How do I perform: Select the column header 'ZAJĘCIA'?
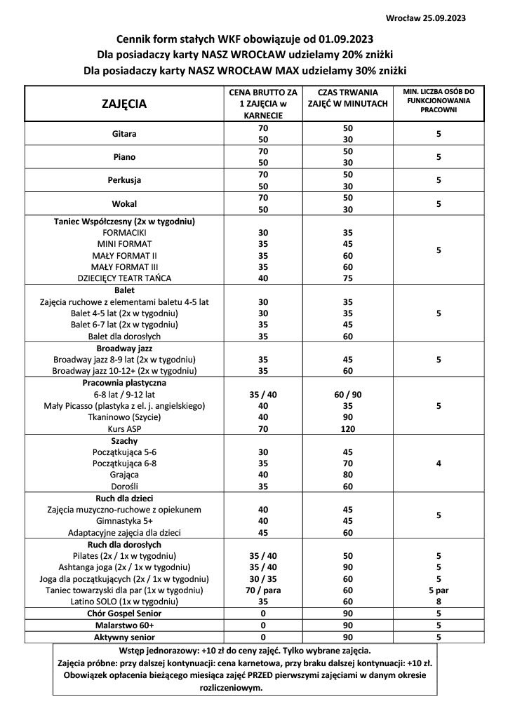(124, 104)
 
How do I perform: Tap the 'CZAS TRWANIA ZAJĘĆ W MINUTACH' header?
(347, 98)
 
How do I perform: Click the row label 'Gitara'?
(124, 134)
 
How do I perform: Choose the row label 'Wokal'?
(124, 203)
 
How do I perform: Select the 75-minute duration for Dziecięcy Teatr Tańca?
(347, 278)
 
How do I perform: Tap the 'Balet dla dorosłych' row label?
(124, 336)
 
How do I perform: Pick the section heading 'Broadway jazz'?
(124, 348)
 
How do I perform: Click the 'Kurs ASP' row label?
(124, 428)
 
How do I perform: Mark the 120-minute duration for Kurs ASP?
(347, 428)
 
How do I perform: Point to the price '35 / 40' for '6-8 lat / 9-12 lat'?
(263, 394)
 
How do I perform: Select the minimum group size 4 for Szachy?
(439, 463)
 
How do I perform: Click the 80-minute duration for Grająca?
(347, 475)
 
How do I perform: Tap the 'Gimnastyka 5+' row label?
(124, 520)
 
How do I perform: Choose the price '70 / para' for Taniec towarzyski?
(263, 590)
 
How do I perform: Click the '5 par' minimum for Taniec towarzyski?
(439, 590)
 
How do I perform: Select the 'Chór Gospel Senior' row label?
(124, 614)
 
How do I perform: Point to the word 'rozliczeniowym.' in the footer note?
(229, 687)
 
